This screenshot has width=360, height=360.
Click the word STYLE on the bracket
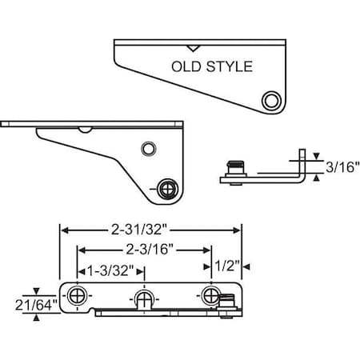pyautogui.click(x=228, y=67)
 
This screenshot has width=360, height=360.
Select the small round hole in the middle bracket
pyautogui.click(x=147, y=149)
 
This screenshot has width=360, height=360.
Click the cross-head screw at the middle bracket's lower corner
pyautogui.click(x=170, y=188)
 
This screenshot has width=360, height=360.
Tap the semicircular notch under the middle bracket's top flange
pyautogui.click(x=84, y=129)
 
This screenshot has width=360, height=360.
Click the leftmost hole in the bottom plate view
pyautogui.click(x=76, y=295)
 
